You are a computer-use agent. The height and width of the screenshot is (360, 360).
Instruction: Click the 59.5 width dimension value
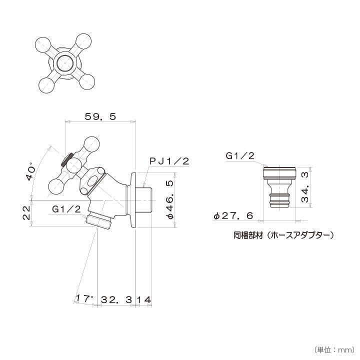[100, 116]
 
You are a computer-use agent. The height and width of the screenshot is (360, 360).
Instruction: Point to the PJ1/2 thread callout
[169, 161]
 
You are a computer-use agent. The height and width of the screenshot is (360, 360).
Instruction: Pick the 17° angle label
[84, 298]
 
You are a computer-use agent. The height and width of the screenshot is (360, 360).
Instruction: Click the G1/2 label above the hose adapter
[240, 156]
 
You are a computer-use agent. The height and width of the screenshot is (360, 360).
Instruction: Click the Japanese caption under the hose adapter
[283, 234]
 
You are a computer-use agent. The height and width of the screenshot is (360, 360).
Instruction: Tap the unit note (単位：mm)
[333, 349]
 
